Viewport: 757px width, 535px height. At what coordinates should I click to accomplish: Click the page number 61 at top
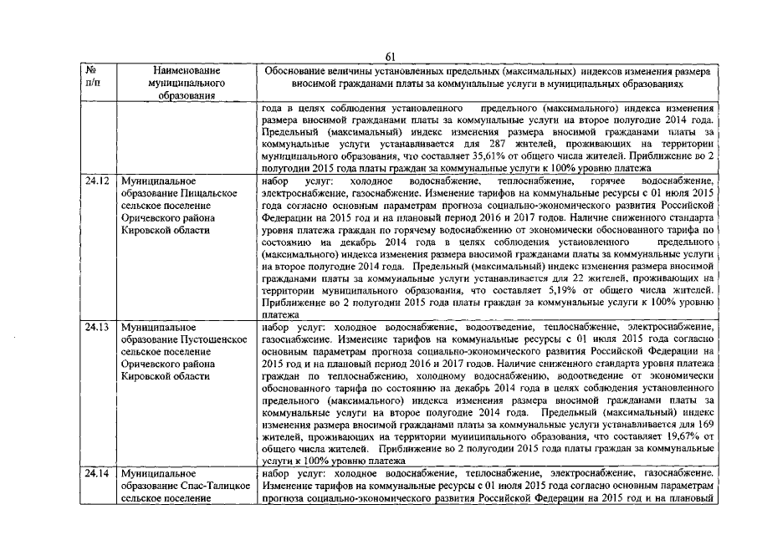pos(389,56)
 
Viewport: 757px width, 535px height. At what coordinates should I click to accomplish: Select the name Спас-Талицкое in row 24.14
pos(215,486)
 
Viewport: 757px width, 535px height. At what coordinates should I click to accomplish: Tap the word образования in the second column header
pos(182,96)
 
